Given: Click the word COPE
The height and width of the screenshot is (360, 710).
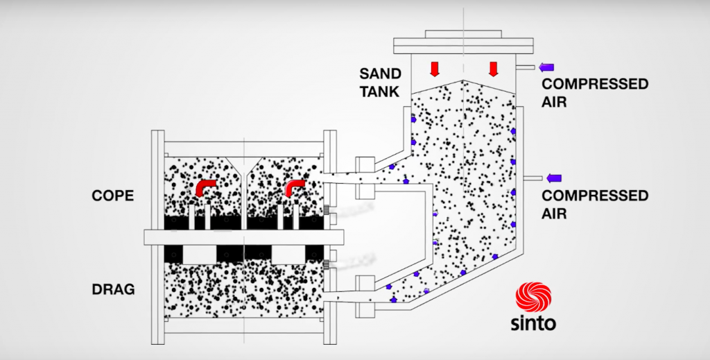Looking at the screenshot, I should [x=112, y=196].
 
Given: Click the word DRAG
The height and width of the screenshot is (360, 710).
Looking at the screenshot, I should [x=112, y=289].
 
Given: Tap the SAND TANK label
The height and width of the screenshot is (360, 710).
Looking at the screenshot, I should [x=379, y=81].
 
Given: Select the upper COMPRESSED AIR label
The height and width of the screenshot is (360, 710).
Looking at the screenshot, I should [x=595, y=93].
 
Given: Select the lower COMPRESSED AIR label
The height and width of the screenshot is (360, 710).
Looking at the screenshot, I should [x=595, y=204].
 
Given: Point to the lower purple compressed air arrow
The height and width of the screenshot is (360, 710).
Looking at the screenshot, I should [x=554, y=178].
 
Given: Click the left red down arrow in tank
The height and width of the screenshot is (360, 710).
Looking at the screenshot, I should [x=435, y=69].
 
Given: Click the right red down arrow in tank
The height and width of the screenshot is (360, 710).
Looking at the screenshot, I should [x=494, y=69].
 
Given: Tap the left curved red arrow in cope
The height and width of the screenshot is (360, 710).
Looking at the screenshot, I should [x=205, y=188].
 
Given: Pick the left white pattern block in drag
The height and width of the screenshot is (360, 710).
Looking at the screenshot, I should [x=200, y=255].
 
